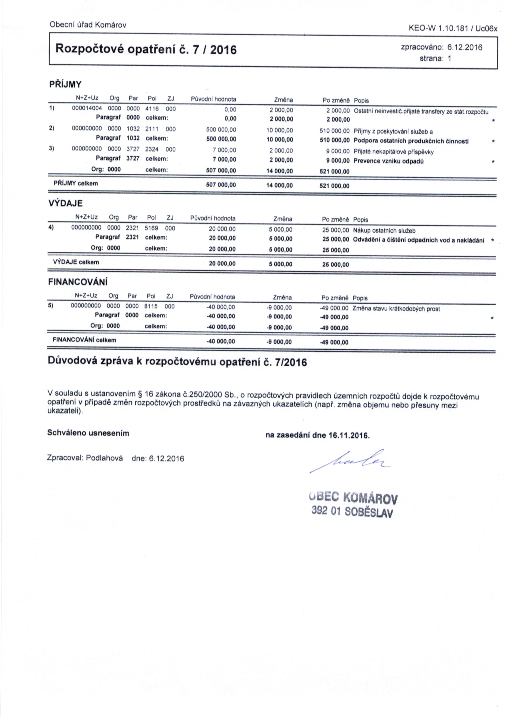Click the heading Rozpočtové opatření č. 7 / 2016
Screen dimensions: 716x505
[x=146, y=49]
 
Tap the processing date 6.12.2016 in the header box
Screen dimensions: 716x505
[x=465, y=47]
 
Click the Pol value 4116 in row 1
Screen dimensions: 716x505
[x=152, y=109]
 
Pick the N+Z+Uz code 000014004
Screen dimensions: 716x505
[x=87, y=109]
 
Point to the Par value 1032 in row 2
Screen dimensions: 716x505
[x=133, y=129]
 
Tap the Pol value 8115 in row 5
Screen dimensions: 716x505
[x=151, y=307]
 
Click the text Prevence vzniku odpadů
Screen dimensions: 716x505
[x=388, y=161]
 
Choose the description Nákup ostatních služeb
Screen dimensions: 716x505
[x=384, y=231]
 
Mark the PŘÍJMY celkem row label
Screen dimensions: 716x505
[x=76, y=183]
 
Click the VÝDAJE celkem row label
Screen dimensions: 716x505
[x=76, y=262]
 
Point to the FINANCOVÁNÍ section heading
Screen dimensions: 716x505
[x=78, y=282]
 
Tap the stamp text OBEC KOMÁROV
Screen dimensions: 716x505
[x=353, y=498]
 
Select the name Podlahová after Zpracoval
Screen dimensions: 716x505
[x=104, y=458]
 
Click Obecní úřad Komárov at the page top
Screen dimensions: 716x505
[x=88, y=25]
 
